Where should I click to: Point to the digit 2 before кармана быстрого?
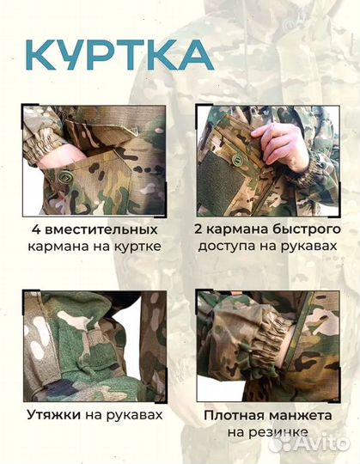[201, 230]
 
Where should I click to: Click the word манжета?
[305, 415]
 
